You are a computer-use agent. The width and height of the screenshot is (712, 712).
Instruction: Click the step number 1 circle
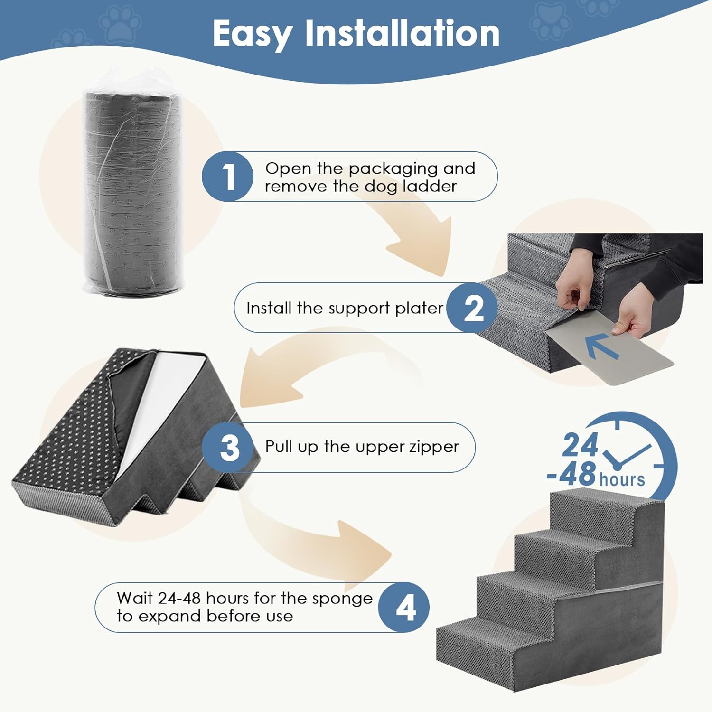[227, 176]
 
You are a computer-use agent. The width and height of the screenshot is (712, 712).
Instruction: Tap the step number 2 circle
[472, 308]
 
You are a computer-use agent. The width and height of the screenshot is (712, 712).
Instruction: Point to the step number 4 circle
[404, 608]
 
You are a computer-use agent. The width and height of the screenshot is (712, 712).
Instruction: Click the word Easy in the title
[252, 34]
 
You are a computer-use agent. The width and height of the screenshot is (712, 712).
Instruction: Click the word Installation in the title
[402, 33]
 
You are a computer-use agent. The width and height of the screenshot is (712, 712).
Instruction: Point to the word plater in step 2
[419, 309]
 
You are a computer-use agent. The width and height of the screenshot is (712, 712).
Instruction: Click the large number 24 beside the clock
[580, 446]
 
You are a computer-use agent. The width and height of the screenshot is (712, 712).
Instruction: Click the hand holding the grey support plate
[631, 317]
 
